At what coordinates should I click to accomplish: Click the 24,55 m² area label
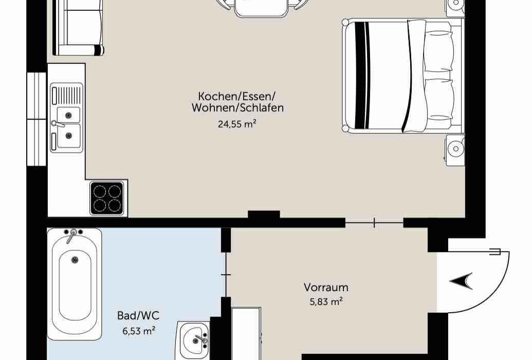point(236,124)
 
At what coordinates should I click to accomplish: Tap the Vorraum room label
point(326,287)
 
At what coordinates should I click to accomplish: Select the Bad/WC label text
point(138,315)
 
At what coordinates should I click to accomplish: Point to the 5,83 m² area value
point(326,301)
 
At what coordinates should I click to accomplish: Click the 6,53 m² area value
point(139,331)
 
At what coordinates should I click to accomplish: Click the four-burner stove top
point(107,199)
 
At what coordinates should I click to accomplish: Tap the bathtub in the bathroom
point(75,284)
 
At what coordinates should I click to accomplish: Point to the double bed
point(403,76)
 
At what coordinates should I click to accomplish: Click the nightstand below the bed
point(455,150)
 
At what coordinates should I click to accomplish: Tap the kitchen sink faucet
point(57,124)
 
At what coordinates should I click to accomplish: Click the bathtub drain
point(75,260)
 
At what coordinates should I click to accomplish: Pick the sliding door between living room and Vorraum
point(374,223)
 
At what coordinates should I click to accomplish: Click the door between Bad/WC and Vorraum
point(226,275)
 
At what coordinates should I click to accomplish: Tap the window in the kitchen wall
point(36,119)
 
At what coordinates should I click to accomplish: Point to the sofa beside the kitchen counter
point(78,28)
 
